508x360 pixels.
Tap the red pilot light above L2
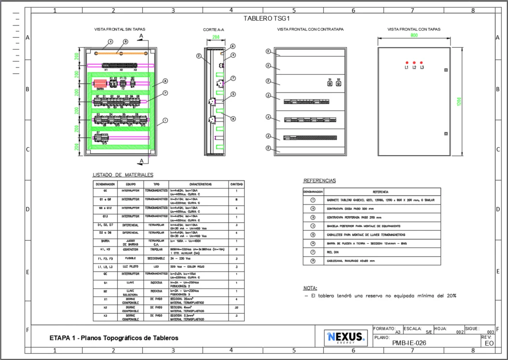tap(414, 63)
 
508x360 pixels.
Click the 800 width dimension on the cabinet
tap(414, 35)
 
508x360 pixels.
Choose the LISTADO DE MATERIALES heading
tap(123, 175)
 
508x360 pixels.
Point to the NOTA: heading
tap(310, 288)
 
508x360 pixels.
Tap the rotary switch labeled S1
tap(330, 84)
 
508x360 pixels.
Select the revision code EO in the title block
tap(489, 344)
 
